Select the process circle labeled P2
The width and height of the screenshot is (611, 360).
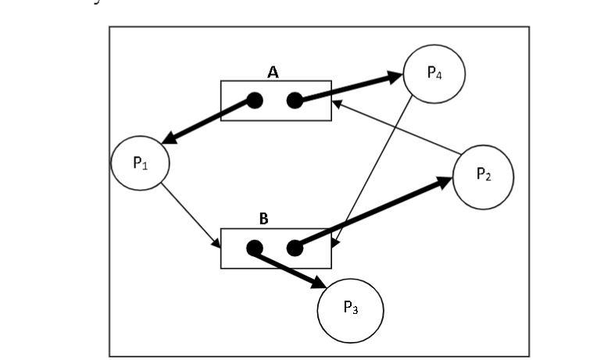click(484, 176)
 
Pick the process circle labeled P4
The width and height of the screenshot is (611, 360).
click(434, 73)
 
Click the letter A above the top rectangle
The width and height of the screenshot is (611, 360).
click(273, 72)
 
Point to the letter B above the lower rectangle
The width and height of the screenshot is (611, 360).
click(263, 219)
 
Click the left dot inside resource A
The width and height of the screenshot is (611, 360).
click(254, 100)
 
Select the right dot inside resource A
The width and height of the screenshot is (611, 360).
click(295, 100)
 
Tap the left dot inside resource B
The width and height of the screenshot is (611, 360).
click(253, 248)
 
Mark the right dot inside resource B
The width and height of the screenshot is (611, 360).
click(295, 248)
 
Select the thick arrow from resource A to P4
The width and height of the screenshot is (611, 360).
click(348, 87)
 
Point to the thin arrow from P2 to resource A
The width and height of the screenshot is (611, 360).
click(395, 126)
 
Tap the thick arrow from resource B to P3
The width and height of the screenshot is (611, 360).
click(289, 268)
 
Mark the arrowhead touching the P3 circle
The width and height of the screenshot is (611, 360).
click(320, 282)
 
